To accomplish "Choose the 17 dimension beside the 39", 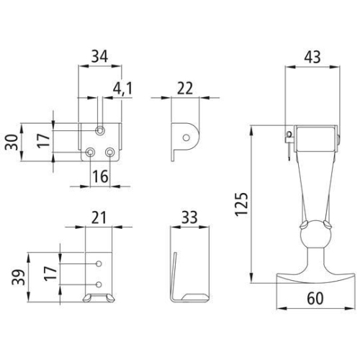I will [50, 273].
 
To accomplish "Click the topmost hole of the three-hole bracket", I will [101, 130].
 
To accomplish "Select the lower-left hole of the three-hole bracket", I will [90, 153].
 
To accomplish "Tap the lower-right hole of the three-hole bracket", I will [110, 153].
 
